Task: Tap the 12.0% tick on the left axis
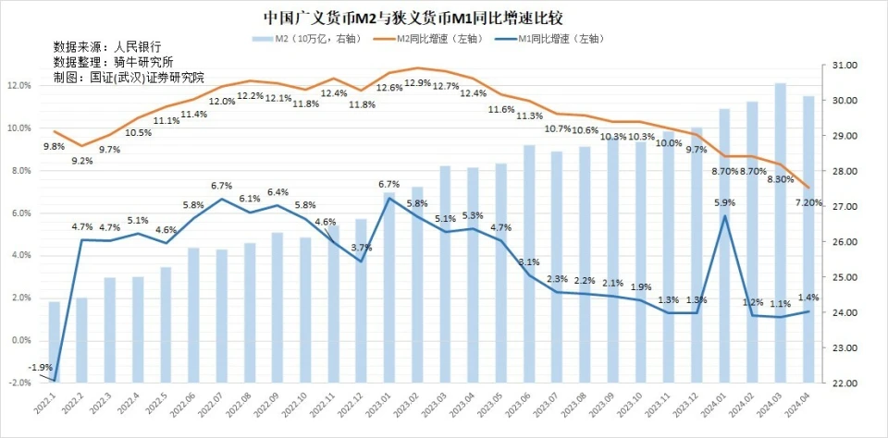click(19, 85)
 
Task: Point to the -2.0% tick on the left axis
click(19, 383)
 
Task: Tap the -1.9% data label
click(40, 368)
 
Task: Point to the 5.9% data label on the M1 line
click(724, 202)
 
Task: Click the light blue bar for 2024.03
click(781, 232)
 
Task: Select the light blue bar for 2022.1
click(55, 342)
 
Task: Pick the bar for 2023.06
click(529, 263)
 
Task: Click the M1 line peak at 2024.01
click(724, 216)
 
